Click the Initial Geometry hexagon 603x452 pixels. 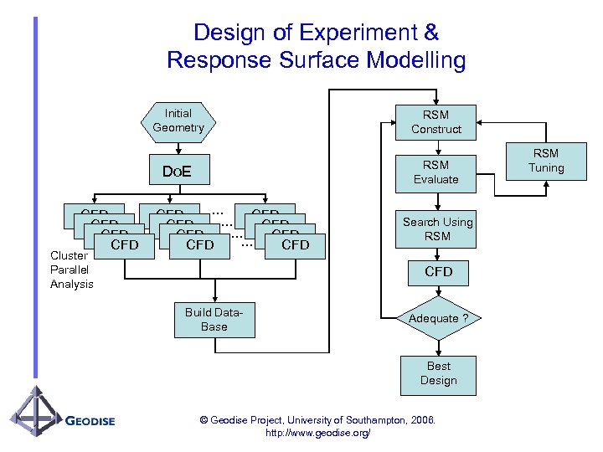point(178,121)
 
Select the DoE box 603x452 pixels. point(177,172)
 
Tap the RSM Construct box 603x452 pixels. point(435,122)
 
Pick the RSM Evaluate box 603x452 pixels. point(435,172)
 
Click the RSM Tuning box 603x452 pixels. point(546,161)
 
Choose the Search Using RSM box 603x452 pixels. point(437,229)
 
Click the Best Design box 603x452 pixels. point(438,373)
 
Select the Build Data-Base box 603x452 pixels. point(214,320)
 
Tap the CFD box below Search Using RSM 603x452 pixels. point(438,272)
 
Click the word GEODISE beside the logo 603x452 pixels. point(90,421)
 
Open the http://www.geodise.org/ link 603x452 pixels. point(317,433)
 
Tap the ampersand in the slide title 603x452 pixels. point(430,33)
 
